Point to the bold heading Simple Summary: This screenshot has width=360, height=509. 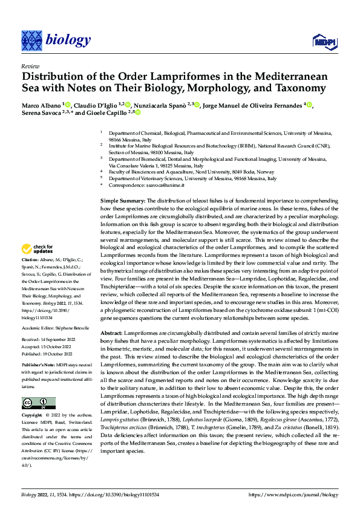tap(120, 199)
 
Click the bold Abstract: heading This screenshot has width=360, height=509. tap(113, 334)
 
